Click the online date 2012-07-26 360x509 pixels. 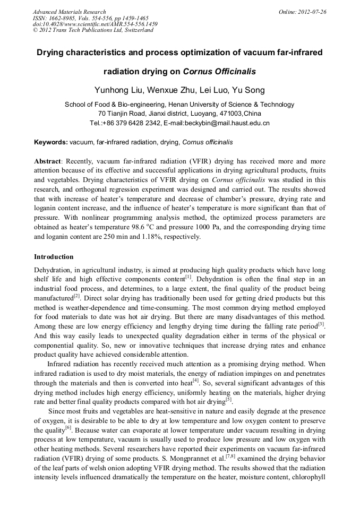click(x=311, y=12)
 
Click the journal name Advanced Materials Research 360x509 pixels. click(x=69, y=12)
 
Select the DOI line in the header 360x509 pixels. click(x=95, y=24)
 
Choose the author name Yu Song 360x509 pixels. click(x=248, y=90)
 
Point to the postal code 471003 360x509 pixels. click(x=230, y=114)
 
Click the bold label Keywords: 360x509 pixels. click(x=51, y=142)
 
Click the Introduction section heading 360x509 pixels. click(x=54, y=257)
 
